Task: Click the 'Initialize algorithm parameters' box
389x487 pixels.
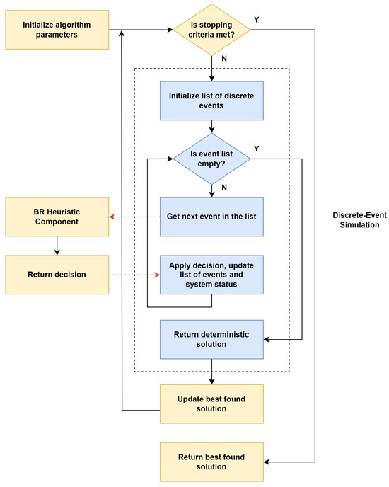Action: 57,30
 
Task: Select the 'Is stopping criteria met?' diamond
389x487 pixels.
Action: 211,30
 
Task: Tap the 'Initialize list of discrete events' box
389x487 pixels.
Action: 211,101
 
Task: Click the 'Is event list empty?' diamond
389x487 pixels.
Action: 211,158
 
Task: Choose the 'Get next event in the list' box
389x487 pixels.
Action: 211,217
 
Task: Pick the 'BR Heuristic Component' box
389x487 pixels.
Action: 57,217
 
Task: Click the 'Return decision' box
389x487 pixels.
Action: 57,275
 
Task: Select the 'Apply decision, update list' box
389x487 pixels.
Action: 211,275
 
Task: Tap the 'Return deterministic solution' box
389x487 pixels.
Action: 211,338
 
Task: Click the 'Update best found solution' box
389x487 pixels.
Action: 211,403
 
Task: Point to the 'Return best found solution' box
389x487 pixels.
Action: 211,462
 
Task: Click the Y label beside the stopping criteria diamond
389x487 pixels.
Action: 256,19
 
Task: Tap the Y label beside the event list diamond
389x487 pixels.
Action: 256,149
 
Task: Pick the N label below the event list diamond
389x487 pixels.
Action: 223,188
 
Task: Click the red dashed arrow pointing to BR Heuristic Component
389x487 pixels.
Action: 134,217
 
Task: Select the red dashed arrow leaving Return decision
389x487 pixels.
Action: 134,275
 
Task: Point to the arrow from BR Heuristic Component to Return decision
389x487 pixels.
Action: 57,246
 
